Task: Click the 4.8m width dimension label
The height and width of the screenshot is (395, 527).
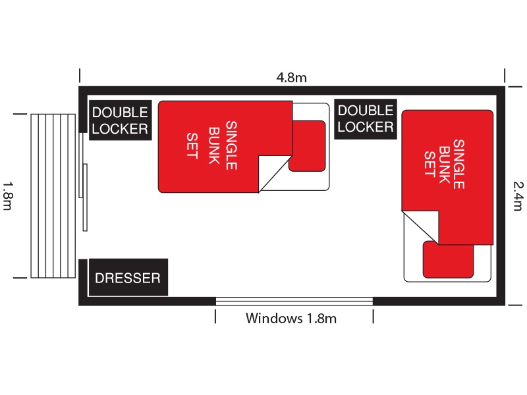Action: click(291, 78)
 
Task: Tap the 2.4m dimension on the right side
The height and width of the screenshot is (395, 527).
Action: click(518, 196)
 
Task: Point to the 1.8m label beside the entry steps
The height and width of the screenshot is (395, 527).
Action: click(8, 196)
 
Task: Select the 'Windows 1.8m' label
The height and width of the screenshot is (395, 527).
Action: click(291, 318)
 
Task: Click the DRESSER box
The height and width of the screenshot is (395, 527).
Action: click(128, 277)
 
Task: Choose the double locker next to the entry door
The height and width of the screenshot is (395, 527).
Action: click(120, 120)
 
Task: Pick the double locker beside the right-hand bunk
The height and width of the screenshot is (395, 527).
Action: click(366, 119)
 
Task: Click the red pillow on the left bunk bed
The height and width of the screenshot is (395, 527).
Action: click(307, 146)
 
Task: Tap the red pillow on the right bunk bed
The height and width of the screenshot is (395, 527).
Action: click(449, 259)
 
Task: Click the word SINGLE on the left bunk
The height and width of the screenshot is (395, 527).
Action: click(232, 145)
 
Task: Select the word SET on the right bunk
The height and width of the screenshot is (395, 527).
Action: click(430, 164)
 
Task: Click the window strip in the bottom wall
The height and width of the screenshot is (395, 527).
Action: click(294, 301)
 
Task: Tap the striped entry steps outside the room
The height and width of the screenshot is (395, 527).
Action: click(53, 196)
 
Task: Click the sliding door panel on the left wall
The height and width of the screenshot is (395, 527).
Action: click(85, 197)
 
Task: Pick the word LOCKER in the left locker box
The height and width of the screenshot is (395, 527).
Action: click(120, 129)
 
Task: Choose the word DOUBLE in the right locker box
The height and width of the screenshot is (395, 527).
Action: click(366, 111)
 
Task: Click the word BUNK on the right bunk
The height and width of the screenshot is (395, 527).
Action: click(445, 165)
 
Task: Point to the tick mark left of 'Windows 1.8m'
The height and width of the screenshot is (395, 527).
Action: click(215, 317)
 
